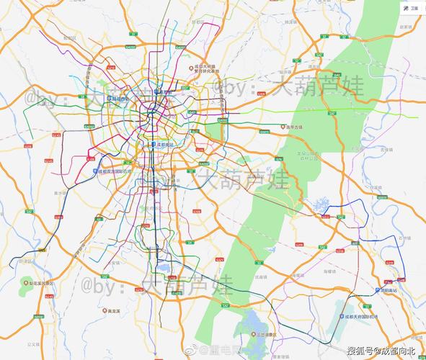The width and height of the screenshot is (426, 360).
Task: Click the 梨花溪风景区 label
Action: click(39, 283)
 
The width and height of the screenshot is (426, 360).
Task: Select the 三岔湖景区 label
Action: click(266, 335)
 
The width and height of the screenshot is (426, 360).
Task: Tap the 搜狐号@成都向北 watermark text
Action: click(381, 351)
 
